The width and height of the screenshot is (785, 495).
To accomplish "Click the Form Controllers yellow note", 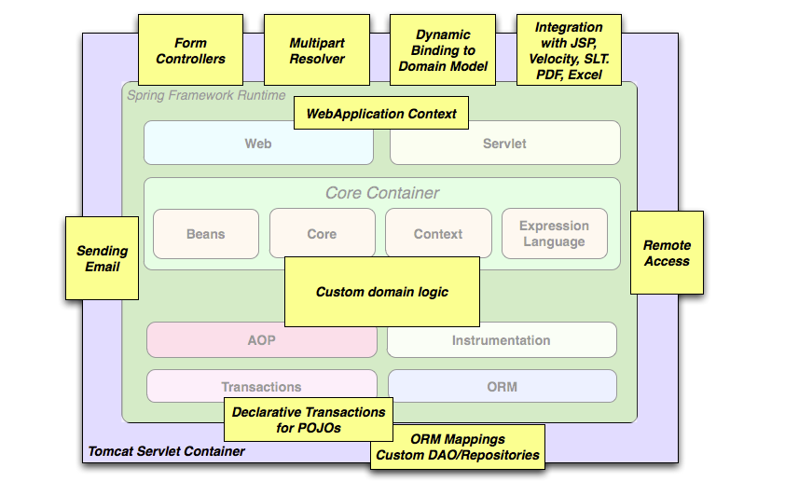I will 190,51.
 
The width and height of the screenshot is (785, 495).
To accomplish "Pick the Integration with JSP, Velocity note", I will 569,50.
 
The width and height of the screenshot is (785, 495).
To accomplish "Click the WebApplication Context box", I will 381,114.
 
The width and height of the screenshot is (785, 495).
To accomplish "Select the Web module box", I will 258,144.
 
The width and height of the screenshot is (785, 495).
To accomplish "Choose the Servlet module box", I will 504,144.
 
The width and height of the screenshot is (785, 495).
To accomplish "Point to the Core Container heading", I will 382,193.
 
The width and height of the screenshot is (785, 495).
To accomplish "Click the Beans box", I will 206,234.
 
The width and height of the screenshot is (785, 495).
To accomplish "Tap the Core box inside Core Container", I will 322,234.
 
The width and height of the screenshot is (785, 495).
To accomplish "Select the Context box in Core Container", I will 437,234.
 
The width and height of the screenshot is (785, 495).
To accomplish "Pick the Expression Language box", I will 554,234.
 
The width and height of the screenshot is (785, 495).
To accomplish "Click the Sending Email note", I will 102,258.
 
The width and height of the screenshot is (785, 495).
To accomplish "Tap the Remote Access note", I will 667,253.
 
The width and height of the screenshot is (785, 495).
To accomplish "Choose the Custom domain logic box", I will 381,292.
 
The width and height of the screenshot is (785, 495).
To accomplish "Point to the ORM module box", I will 502,386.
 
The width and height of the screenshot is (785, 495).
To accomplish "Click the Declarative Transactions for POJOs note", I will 309,419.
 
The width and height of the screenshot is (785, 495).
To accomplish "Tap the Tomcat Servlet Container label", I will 167,451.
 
